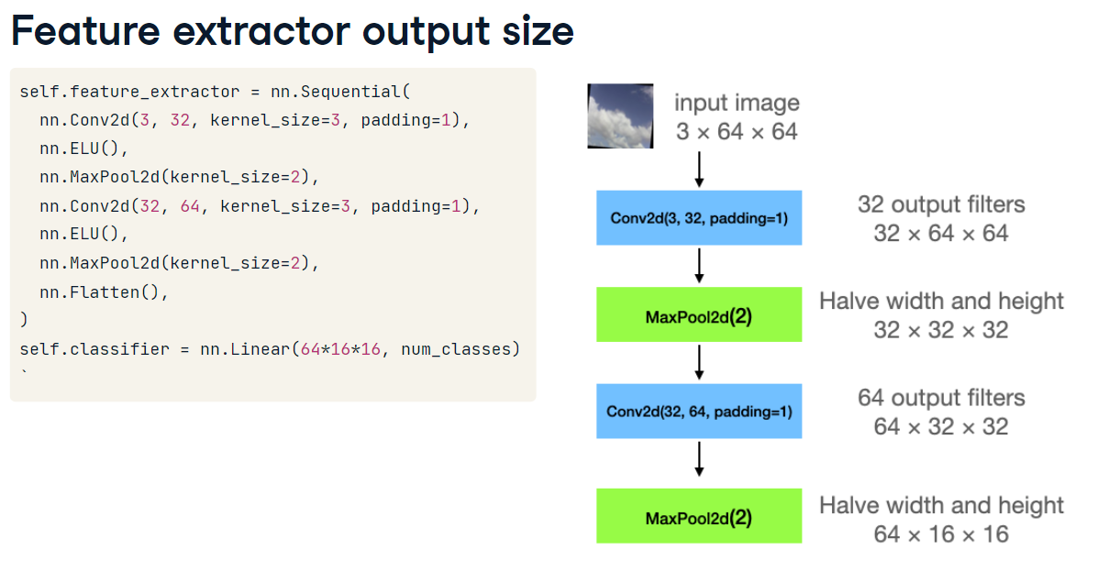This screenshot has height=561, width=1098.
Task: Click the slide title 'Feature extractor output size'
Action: [x=292, y=31]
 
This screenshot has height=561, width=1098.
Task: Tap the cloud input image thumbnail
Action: [x=620, y=116]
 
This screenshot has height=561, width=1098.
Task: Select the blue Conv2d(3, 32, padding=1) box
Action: [x=699, y=218]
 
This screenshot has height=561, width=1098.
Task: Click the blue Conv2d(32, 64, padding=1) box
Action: [x=699, y=412]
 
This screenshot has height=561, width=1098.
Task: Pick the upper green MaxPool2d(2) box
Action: [x=699, y=316]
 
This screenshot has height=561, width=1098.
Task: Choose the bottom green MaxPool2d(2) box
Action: [x=699, y=517]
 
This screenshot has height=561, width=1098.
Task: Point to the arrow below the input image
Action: [x=699, y=170]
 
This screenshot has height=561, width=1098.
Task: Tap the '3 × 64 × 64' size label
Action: [x=737, y=132]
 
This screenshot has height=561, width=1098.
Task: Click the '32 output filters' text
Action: [x=941, y=204]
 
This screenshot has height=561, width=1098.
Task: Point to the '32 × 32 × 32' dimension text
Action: [x=941, y=330]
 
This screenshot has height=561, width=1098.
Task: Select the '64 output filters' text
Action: [x=941, y=398]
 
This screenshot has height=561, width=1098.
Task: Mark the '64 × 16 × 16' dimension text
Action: [x=941, y=533]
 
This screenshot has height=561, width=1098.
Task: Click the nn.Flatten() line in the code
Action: [x=105, y=292]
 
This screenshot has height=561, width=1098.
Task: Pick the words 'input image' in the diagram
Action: [x=737, y=103]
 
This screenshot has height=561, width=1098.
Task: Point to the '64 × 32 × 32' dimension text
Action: [x=941, y=426]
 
